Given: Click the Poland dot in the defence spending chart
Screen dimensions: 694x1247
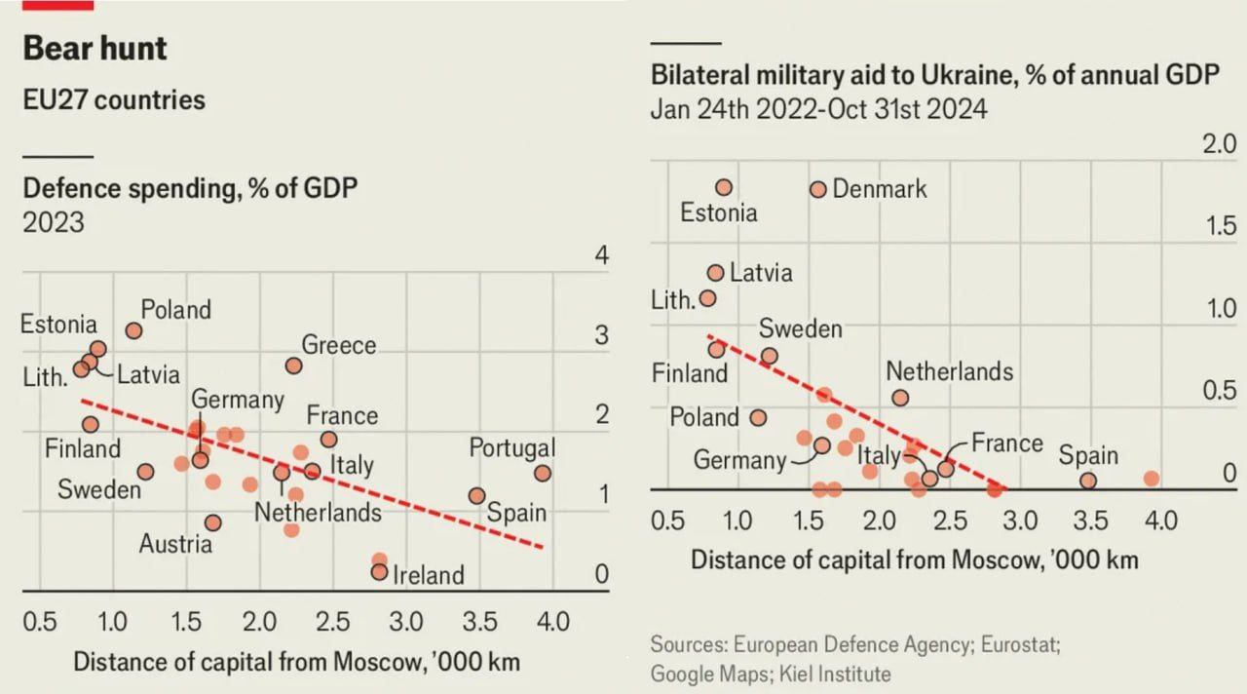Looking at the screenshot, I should pyautogui.click(x=134, y=330).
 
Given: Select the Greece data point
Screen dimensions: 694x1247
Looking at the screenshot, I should pyautogui.click(x=293, y=366).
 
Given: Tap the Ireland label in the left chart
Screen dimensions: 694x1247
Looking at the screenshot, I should pyautogui.click(x=429, y=575).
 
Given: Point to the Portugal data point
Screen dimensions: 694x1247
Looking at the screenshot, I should pyautogui.click(x=543, y=474).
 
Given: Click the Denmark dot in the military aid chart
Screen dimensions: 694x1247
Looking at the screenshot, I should pyautogui.click(x=818, y=189).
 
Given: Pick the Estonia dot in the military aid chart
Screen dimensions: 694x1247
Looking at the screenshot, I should pyautogui.click(x=724, y=187).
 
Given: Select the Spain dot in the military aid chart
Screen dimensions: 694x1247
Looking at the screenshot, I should pyautogui.click(x=1088, y=481).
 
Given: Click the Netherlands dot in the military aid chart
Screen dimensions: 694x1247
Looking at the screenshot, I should pyautogui.click(x=900, y=398).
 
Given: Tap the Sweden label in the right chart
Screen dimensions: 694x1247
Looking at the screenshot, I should pyautogui.click(x=800, y=329).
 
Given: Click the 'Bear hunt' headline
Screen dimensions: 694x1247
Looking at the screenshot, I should pyautogui.click(x=94, y=49).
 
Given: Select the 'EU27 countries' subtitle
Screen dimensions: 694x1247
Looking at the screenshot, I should pyautogui.click(x=114, y=99).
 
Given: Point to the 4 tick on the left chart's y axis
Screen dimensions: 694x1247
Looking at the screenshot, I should pyautogui.click(x=601, y=255).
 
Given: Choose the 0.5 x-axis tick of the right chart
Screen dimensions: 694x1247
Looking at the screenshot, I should pyautogui.click(x=667, y=520).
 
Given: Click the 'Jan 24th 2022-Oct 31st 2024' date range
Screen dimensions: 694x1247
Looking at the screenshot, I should pyautogui.click(x=818, y=108).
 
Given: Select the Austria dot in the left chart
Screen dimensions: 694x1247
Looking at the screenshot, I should pyautogui.click(x=212, y=523).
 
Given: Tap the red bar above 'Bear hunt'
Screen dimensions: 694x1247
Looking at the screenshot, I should pyautogui.click(x=57, y=5).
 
